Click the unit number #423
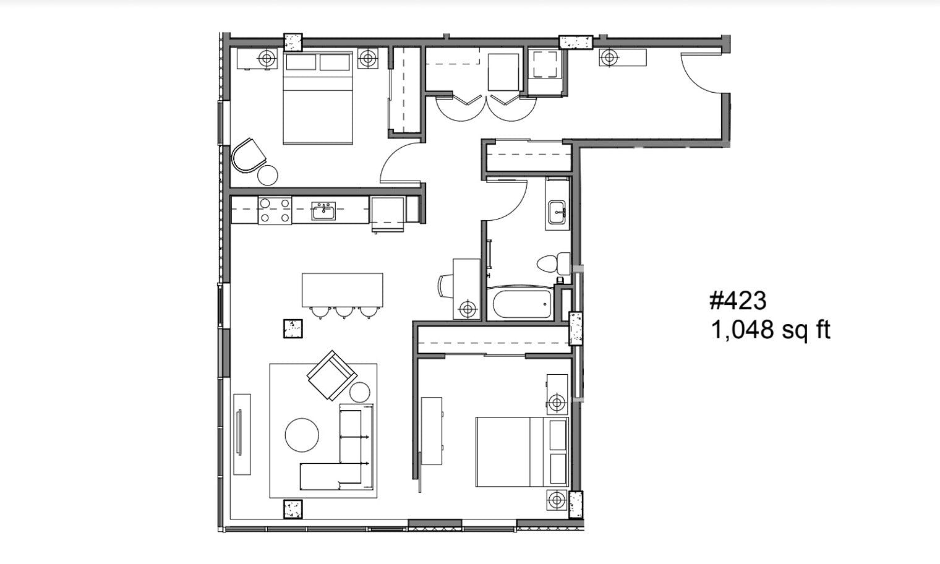coord(737,301)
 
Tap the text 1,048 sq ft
coord(770,330)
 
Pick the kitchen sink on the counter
coord(323,211)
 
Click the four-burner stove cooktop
coord(275,210)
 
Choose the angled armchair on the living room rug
coord(331,375)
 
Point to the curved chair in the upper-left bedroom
coord(249,155)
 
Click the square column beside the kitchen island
coord(293,328)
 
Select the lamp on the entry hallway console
coord(609,58)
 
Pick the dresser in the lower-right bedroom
coord(432,431)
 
